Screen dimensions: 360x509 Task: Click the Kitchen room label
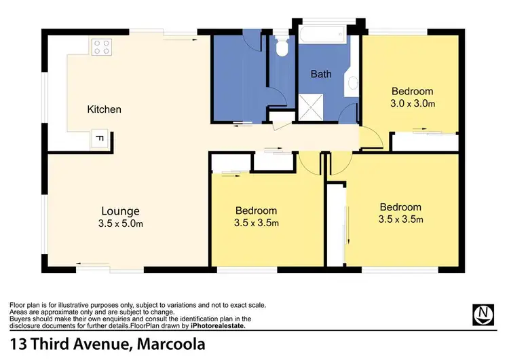click(x=104, y=109)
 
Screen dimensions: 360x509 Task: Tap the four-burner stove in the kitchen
click(x=101, y=47)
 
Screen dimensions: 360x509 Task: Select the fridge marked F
click(x=99, y=139)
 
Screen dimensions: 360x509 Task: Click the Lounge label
click(x=121, y=211)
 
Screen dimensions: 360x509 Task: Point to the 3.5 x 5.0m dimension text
click(x=121, y=222)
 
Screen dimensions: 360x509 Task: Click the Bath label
click(x=321, y=73)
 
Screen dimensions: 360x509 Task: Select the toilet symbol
click(x=282, y=47)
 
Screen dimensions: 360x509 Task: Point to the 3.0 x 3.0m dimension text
click(x=412, y=104)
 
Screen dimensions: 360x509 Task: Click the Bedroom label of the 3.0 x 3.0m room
click(x=412, y=92)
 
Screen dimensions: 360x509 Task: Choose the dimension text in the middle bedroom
click(x=256, y=222)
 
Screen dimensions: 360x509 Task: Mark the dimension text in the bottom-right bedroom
click(x=400, y=219)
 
